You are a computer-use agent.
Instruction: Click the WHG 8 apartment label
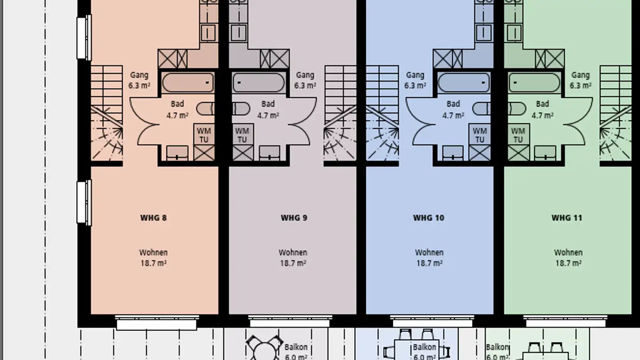[153, 218]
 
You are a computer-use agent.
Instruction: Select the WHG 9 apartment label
[294, 218]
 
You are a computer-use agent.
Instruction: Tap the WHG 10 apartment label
[428, 218]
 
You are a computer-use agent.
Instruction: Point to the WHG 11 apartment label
[567, 218]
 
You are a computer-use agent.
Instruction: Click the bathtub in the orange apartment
[188, 83]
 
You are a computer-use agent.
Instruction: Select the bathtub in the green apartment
[535, 83]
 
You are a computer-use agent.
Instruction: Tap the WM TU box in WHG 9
[242, 135]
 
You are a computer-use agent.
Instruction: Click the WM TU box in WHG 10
[480, 135]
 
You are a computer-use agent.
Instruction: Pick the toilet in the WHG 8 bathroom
[205, 108]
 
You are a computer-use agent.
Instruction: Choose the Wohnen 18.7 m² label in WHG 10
[429, 258]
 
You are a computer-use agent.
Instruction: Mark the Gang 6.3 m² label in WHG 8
[139, 80]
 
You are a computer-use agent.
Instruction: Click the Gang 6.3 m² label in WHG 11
[580, 80]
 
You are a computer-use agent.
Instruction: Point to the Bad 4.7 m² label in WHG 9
[268, 109]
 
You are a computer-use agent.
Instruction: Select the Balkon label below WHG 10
[424, 351]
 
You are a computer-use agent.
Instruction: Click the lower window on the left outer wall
[84, 202]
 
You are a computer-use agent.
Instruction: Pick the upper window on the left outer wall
[84, 37]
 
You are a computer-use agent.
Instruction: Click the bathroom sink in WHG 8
[177, 153]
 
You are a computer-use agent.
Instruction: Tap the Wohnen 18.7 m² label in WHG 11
[568, 258]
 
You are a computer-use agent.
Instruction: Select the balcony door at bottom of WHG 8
[156, 323]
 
